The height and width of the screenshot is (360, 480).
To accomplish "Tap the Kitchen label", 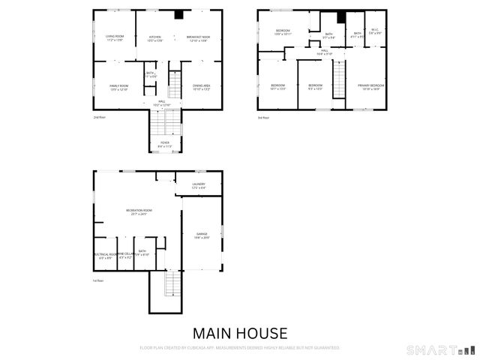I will (155, 37).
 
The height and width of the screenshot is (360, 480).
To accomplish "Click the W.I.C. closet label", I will (376, 32).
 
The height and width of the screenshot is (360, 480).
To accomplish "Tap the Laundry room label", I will (199, 185).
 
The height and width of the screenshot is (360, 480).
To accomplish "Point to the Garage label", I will (202, 235).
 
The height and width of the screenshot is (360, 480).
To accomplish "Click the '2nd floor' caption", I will (99, 118).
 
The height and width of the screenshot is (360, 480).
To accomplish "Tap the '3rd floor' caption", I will (263, 118).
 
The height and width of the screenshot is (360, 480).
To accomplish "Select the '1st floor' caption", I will (98, 280).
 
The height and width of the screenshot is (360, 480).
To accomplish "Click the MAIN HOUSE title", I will (240, 333).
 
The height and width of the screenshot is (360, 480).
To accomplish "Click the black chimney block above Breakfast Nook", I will (178, 14).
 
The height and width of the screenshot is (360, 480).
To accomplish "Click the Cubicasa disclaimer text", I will (240, 348).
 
